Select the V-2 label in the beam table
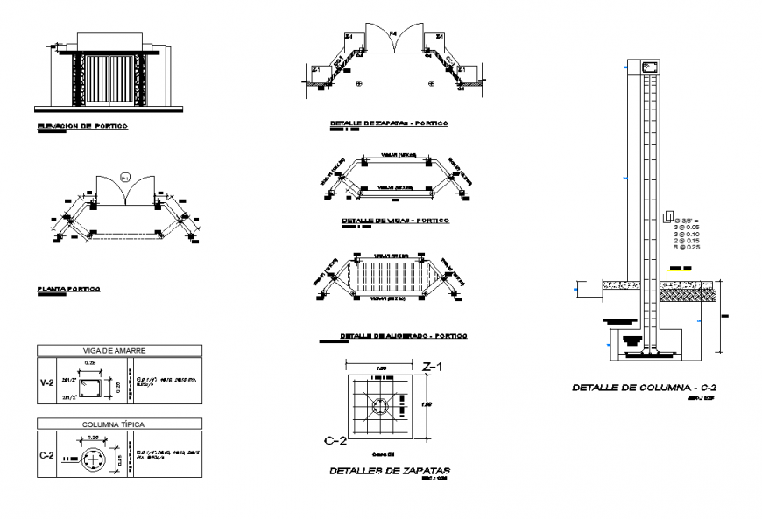coord(48,382)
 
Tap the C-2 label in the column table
coord(48,456)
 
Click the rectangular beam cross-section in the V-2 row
coord(91,388)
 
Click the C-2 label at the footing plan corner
coord(327,440)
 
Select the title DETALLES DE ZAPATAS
coord(390,471)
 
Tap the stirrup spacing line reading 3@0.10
coord(686,234)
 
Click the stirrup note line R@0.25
coord(686,248)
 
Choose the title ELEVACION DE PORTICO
coord(83,127)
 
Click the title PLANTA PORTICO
coord(68,288)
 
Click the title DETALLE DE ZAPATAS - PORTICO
coord(389,123)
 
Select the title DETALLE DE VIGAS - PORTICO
coord(393,221)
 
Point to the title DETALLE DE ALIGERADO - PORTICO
coord(403,336)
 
